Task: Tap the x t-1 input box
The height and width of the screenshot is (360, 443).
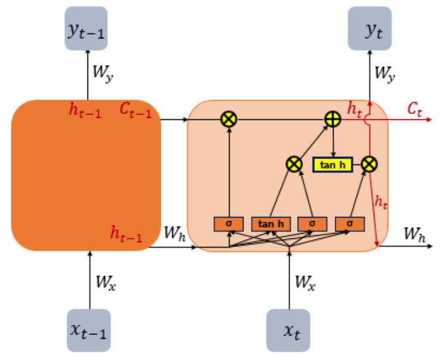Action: (x=88, y=330)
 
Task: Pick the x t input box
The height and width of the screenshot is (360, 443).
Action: (x=289, y=330)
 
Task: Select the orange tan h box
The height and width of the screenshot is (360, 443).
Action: (x=271, y=224)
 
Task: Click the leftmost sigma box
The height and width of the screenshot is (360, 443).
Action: (x=229, y=224)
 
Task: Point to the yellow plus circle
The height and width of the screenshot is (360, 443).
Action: (x=333, y=119)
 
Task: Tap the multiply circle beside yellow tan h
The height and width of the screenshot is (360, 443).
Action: (x=370, y=163)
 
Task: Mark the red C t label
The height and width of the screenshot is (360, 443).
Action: (x=414, y=108)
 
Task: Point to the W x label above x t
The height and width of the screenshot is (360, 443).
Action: (x=305, y=280)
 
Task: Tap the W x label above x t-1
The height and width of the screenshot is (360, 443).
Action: (x=105, y=280)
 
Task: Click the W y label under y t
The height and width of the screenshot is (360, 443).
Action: (x=385, y=72)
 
